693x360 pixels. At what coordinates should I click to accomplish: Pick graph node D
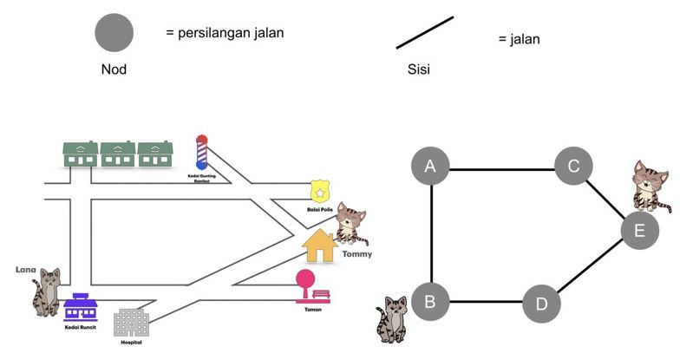(542, 304)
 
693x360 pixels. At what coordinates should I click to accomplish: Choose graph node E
(640, 230)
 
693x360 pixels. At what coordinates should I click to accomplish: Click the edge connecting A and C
(502, 167)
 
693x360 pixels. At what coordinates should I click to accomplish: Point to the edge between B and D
(487, 303)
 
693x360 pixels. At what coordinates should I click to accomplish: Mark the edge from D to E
(592, 267)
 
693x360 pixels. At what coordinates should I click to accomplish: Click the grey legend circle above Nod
(114, 34)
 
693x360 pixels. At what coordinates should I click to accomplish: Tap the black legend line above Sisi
(425, 32)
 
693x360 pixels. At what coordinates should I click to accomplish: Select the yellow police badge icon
(321, 189)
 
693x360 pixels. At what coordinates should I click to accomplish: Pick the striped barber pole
(202, 153)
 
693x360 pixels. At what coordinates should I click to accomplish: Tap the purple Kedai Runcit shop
(82, 305)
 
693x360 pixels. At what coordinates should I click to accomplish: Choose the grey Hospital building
(131, 323)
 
